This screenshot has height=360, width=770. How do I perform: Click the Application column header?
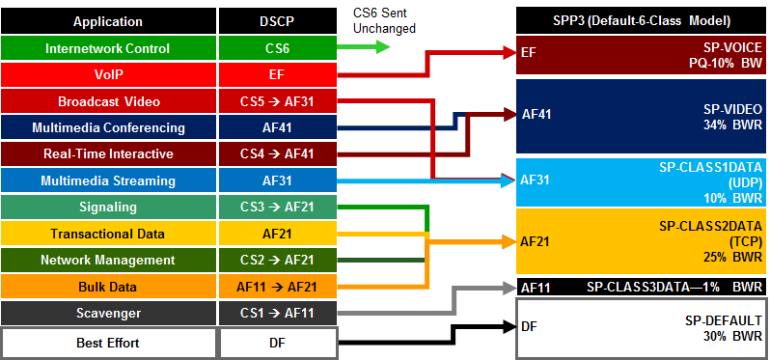pos(108,21)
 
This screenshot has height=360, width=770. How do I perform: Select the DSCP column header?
pos(278,21)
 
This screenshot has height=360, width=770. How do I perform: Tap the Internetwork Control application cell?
pos(108,48)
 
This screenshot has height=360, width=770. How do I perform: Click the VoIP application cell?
pos(108,74)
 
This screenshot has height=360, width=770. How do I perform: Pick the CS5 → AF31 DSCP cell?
pos(278,101)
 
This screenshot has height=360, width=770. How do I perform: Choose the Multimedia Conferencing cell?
pos(108,127)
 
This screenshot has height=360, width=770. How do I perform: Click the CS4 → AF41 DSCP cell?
pos(278,154)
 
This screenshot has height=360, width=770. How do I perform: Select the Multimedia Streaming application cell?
pos(108,180)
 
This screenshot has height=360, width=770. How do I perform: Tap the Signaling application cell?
pos(108,208)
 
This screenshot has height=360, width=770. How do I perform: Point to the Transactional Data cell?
pos(108,234)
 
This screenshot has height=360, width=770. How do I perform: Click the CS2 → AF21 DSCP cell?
pos(278,261)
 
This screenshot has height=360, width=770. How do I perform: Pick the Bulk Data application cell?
pos(108,287)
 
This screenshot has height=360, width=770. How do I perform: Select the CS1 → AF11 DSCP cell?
pos(278,314)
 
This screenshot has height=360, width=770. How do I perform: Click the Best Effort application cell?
pos(108,343)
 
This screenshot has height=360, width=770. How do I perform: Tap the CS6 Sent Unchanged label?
pos(384,20)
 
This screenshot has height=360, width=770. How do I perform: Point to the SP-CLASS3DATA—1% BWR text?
pos(674,287)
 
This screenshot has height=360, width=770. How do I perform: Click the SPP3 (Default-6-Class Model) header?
pos(641,21)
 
